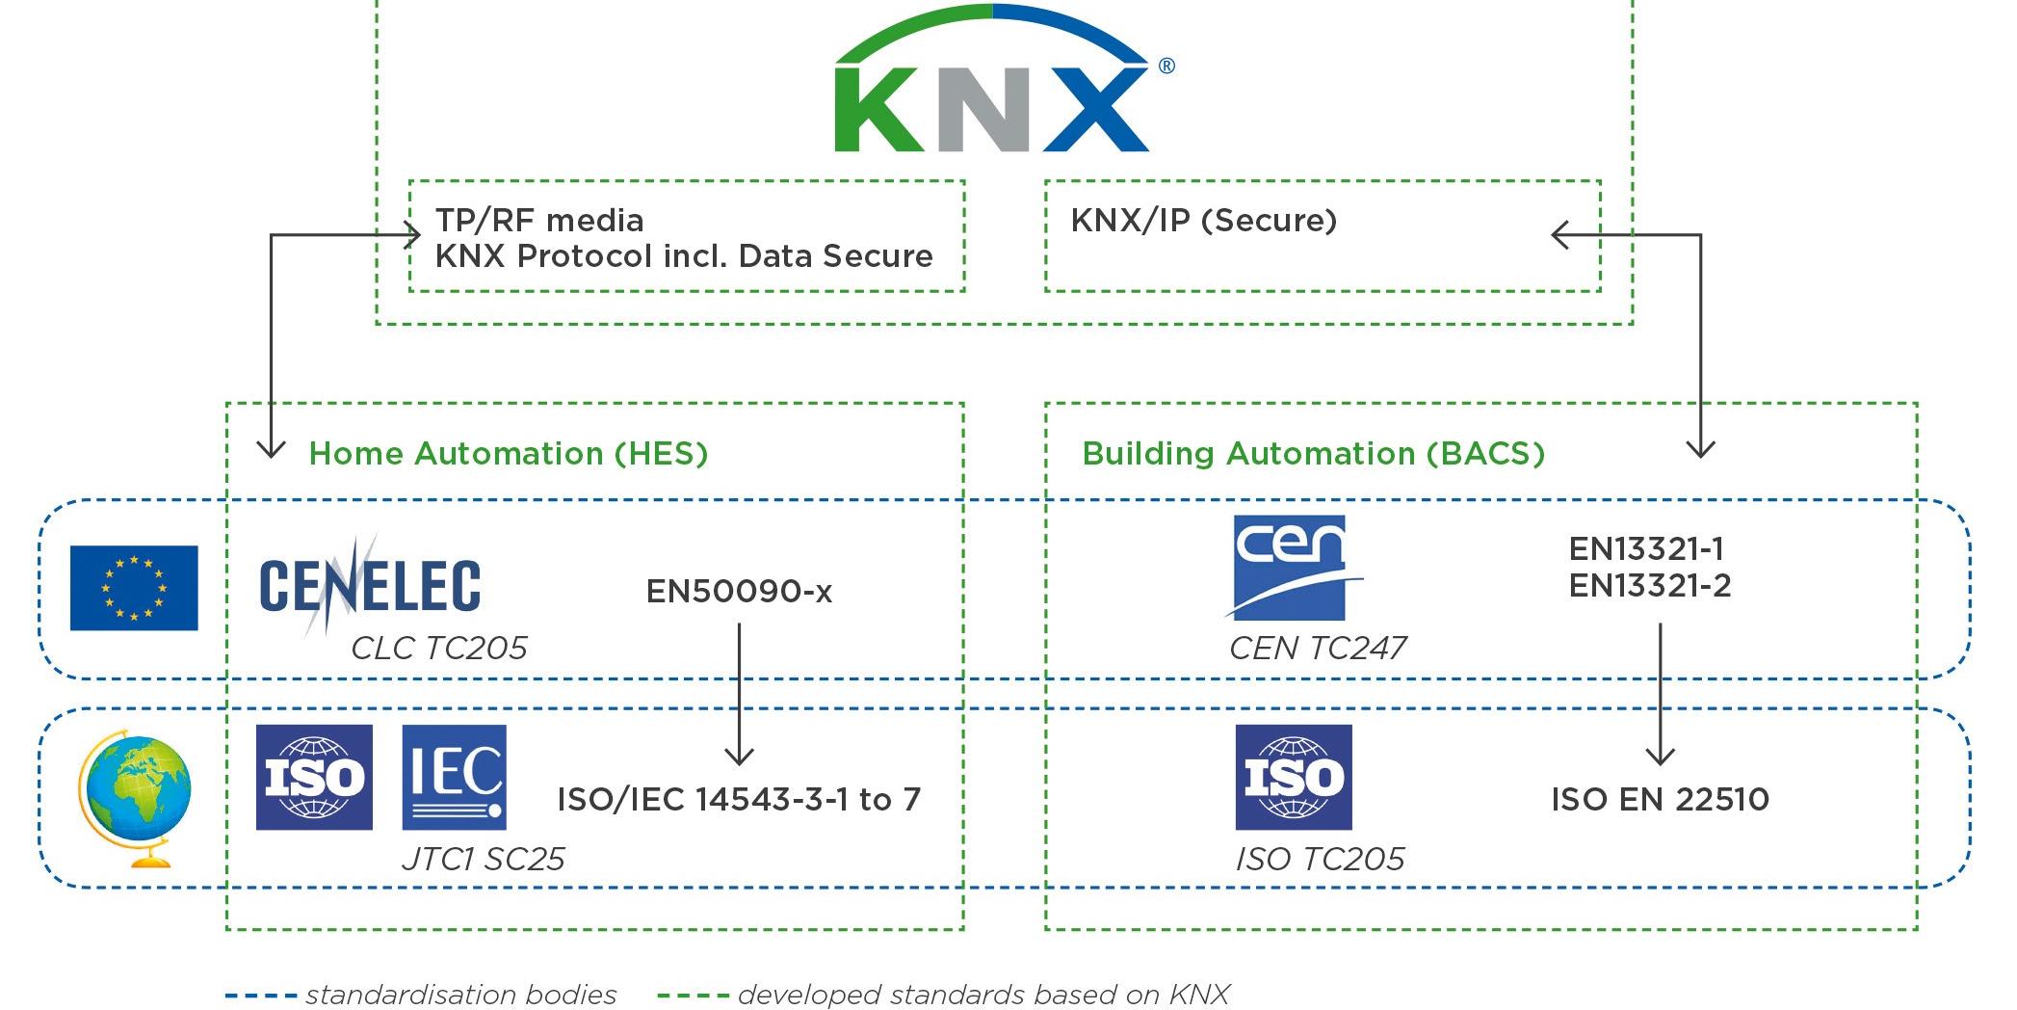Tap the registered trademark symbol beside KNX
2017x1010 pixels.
(1166, 66)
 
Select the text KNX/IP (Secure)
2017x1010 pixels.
(1203, 221)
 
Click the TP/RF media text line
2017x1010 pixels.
(539, 221)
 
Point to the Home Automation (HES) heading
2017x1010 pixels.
(508, 453)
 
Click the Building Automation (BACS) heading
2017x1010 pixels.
(1313, 453)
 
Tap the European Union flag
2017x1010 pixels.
(134, 588)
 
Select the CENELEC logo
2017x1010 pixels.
(369, 585)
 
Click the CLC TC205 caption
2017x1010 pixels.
(438, 648)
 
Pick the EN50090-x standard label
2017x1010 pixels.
(739, 591)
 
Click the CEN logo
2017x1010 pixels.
(1290, 567)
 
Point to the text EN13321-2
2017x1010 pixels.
(1649, 586)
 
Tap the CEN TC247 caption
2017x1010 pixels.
(1318, 648)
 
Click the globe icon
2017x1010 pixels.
(135, 798)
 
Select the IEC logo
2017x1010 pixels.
(454, 777)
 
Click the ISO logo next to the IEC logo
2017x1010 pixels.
(314, 777)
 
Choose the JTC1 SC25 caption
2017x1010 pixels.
(483, 859)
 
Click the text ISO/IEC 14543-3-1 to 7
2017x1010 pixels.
(739, 799)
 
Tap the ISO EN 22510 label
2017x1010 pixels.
(1660, 799)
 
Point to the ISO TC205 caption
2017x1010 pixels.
(1320, 859)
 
